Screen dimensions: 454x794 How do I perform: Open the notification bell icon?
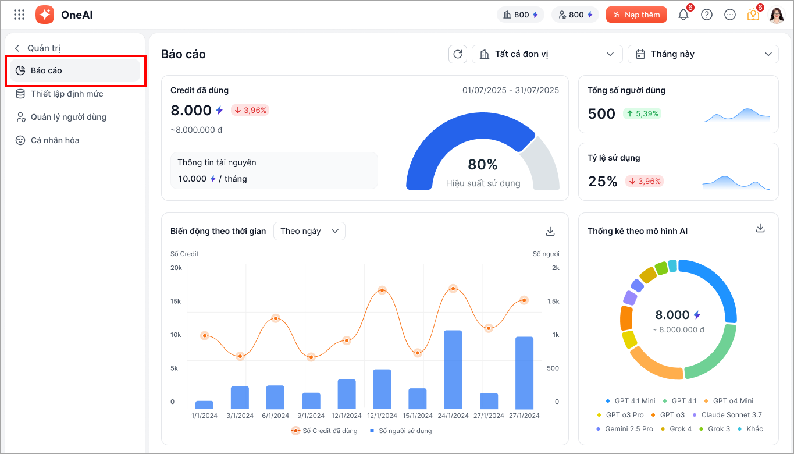pos(683,15)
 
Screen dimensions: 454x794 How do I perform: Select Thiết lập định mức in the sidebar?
pos(67,94)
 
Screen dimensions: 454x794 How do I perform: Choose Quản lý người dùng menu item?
pos(69,117)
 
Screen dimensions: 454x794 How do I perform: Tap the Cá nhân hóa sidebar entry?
pos(55,140)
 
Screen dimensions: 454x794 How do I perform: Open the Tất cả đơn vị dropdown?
pos(547,54)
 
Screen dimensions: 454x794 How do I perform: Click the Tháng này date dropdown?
pos(703,54)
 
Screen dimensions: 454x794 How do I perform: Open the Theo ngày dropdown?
pos(309,231)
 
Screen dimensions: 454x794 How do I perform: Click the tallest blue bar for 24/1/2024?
pos(453,369)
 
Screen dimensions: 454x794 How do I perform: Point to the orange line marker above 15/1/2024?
pos(418,353)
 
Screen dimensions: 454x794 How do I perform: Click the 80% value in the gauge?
pos(483,165)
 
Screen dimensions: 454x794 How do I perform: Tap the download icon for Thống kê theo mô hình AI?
pos(760,228)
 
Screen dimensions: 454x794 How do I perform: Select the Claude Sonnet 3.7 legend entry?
pos(727,415)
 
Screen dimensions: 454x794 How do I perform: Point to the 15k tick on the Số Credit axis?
pos(176,302)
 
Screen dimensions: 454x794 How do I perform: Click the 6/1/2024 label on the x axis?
pos(276,416)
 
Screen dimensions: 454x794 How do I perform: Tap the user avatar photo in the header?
pos(777,15)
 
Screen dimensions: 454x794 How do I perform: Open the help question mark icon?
pos(707,15)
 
